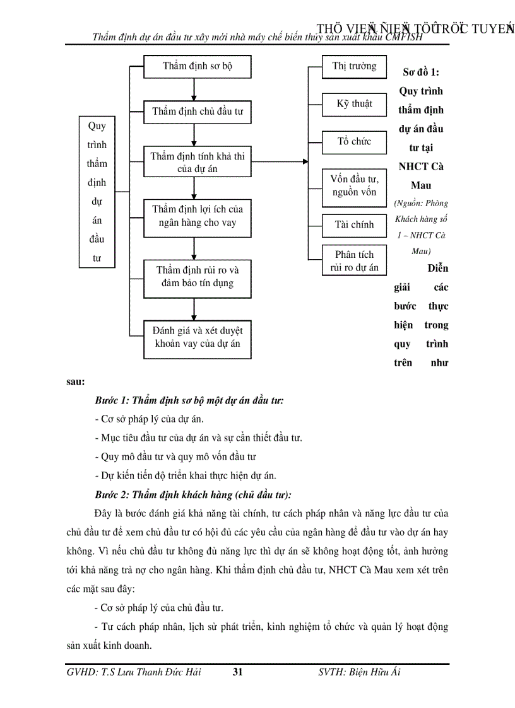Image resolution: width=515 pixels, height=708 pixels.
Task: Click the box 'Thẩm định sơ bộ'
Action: click(198, 66)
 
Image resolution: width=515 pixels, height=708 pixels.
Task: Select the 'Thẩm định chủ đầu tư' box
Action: click(198, 112)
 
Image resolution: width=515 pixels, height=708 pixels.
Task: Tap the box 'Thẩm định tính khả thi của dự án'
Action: click(198, 162)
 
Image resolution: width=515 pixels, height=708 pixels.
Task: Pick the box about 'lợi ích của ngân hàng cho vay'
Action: click(198, 216)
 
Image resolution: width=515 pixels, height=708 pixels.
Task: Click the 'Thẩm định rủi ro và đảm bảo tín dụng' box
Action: click(198, 277)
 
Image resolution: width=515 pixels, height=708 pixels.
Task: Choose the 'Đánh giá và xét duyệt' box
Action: click(198, 337)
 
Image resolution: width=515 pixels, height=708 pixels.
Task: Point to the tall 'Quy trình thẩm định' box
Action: click(97, 192)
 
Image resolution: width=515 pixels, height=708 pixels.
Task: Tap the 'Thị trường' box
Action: click(354, 66)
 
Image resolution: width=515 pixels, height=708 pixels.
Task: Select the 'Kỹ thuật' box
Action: click(354, 104)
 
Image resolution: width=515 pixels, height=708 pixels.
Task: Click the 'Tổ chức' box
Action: click(354, 141)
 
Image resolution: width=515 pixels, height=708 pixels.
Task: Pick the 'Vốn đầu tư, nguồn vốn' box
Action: click(354, 186)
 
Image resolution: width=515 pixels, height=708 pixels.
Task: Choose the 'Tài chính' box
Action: click(354, 224)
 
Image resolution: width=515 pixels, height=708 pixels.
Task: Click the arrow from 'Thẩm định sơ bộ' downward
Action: click(194, 89)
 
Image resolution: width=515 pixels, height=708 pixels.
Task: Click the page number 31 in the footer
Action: click(237, 672)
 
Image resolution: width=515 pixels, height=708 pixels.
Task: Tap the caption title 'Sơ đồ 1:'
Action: click(420, 72)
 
